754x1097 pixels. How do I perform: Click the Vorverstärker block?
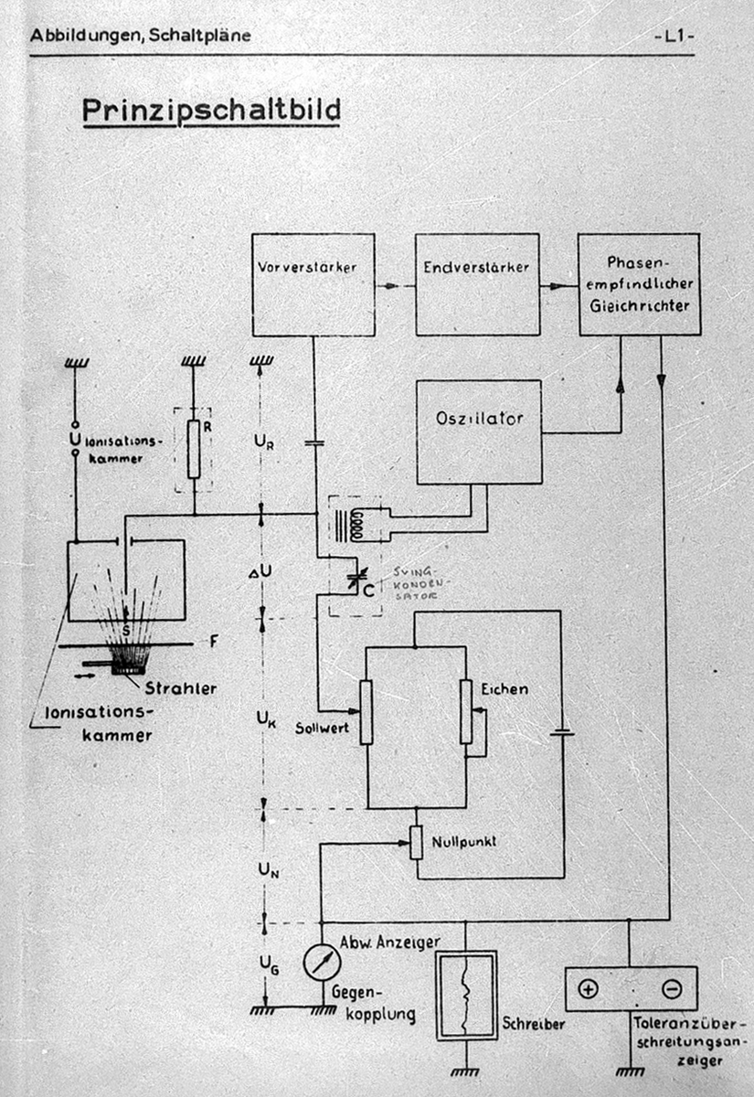313,284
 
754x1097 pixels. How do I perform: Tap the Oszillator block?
479,431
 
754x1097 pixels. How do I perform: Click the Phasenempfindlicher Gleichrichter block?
639,284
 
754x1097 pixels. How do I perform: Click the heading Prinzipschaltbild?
211,111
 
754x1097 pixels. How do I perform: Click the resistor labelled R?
193,449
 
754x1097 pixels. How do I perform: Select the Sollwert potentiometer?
366,712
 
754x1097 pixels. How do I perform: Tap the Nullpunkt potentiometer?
416,842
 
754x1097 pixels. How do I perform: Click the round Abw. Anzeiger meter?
323,961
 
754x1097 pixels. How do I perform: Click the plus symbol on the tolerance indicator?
588,988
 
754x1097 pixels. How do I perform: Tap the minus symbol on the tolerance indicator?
672,988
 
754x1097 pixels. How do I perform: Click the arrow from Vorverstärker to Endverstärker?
394,285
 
